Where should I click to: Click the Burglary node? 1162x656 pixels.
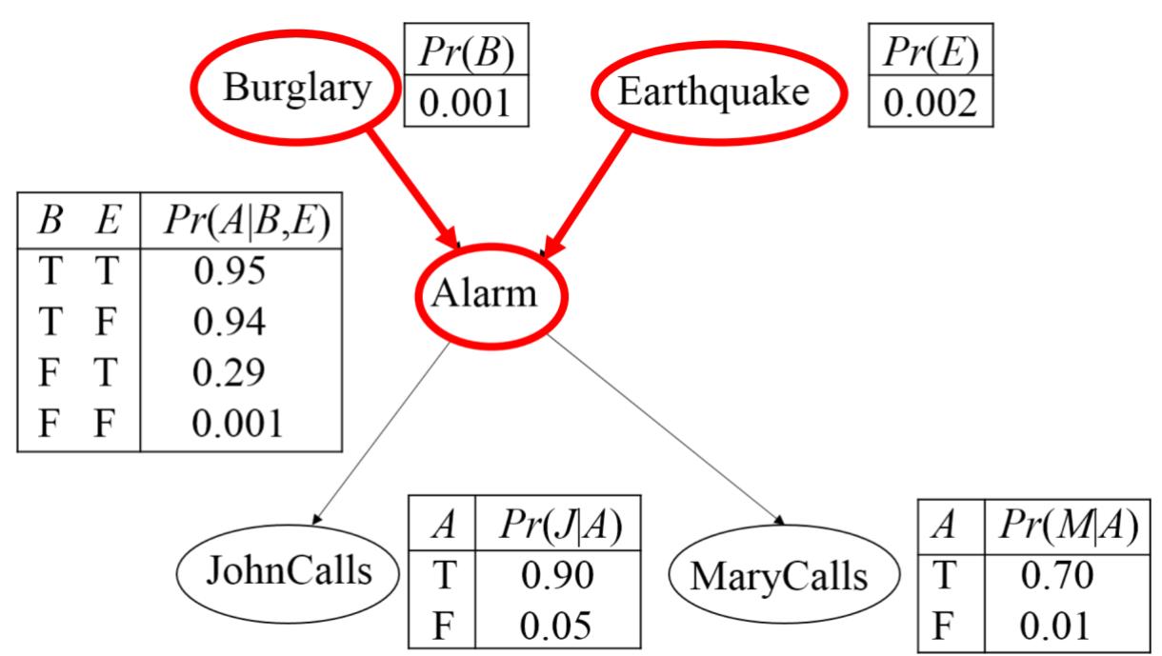tap(294, 90)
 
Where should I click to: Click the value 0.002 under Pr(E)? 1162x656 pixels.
tap(931, 103)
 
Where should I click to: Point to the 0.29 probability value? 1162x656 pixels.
tap(228, 372)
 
